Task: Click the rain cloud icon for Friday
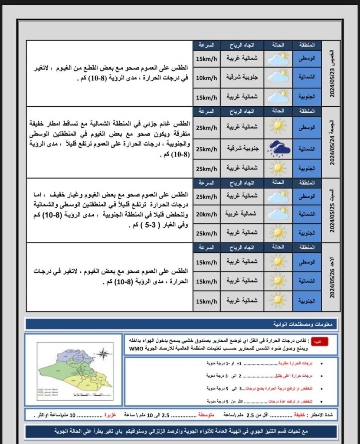point(278,149)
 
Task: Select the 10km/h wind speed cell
point(206,77)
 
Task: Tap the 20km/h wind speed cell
point(206,213)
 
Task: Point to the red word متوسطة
point(206,415)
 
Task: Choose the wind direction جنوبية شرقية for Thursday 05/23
point(242,77)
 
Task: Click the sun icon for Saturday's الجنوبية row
point(278,232)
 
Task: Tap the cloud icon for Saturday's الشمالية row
point(278,213)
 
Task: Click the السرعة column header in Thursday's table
point(206,45)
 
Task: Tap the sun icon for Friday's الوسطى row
point(278,126)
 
